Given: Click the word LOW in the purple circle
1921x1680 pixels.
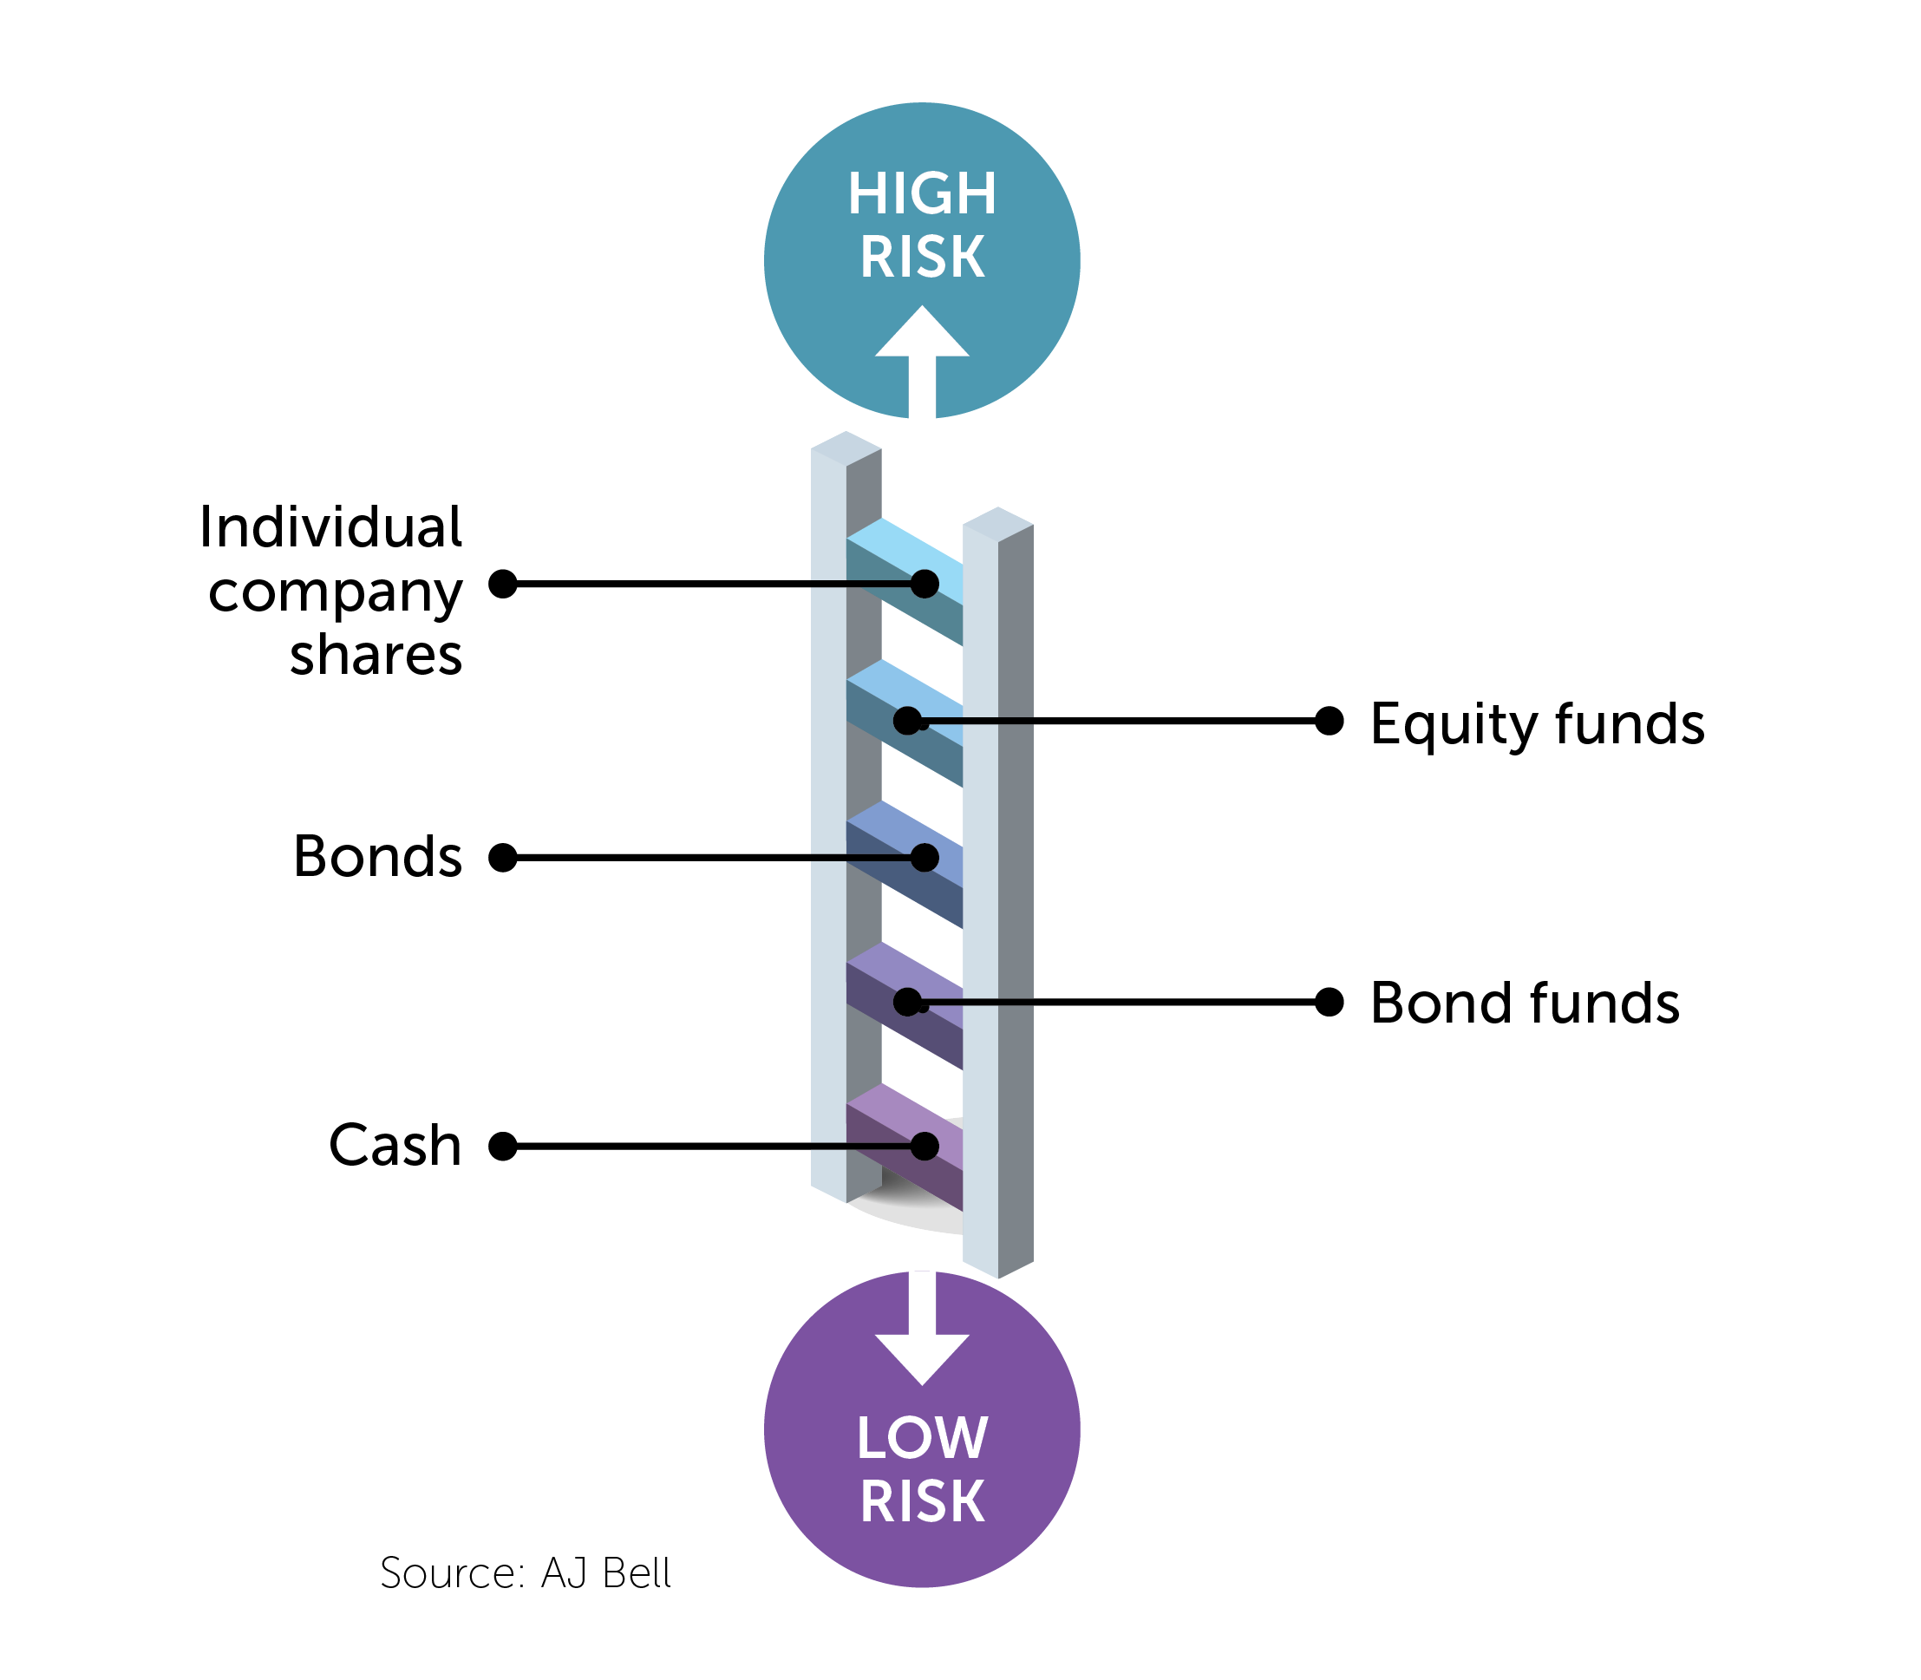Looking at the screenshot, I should [922, 1437].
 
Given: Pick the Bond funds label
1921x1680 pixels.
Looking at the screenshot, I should [1524, 1003].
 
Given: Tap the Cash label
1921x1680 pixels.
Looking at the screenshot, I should [395, 1145].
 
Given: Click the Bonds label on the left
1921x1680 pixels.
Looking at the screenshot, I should [378, 856].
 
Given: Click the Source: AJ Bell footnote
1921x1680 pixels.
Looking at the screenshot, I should [524, 1573].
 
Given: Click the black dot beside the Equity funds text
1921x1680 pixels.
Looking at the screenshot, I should [1329, 721].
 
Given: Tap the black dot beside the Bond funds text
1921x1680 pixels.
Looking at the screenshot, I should [1329, 1002].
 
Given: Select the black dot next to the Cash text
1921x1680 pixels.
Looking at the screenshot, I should [504, 1146].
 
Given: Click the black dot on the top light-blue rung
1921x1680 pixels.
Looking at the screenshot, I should [925, 584].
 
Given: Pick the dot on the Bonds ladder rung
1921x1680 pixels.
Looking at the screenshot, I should [925, 857].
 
